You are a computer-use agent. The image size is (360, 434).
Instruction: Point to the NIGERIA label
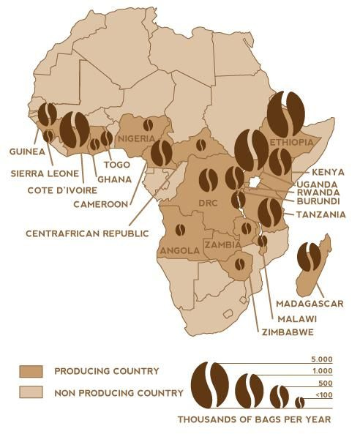click(x=138, y=138)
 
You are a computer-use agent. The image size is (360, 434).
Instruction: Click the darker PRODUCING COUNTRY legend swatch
click(x=34, y=371)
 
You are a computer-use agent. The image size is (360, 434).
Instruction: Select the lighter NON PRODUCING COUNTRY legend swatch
click(x=34, y=393)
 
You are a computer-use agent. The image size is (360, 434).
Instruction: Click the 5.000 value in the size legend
click(x=320, y=359)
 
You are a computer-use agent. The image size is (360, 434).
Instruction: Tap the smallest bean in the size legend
click(x=299, y=402)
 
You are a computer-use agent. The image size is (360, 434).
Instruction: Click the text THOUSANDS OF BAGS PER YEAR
click(x=254, y=419)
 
